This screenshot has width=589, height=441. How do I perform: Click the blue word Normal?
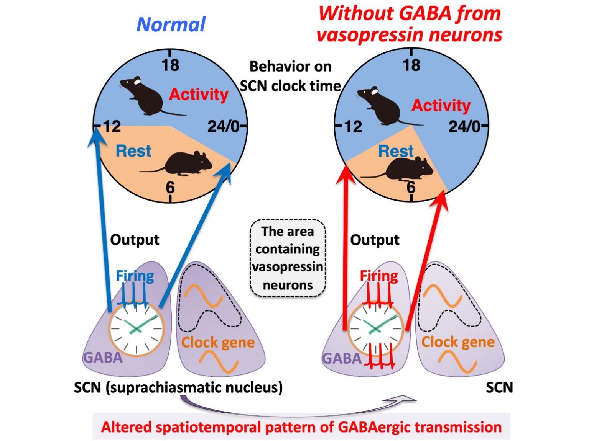(x=171, y=24)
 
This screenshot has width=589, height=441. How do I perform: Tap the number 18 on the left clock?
(x=170, y=65)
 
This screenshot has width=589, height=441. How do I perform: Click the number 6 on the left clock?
(x=170, y=187)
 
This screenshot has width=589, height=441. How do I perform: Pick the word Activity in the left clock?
(x=199, y=94)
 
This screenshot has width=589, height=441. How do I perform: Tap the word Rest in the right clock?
(x=396, y=151)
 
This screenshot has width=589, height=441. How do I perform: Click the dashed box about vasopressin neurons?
(x=288, y=258)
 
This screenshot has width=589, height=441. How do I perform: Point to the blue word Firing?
(x=135, y=276)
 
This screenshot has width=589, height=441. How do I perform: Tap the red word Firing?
(x=379, y=276)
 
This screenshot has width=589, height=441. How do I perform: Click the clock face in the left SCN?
(x=137, y=329)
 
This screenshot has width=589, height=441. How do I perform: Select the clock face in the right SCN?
(x=376, y=329)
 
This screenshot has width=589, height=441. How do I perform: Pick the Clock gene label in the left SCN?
(x=218, y=342)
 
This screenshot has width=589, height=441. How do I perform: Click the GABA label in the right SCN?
(x=342, y=358)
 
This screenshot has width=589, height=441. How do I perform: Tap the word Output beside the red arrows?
(x=375, y=240)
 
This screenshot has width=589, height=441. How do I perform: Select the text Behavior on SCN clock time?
(x=290, y=76)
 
